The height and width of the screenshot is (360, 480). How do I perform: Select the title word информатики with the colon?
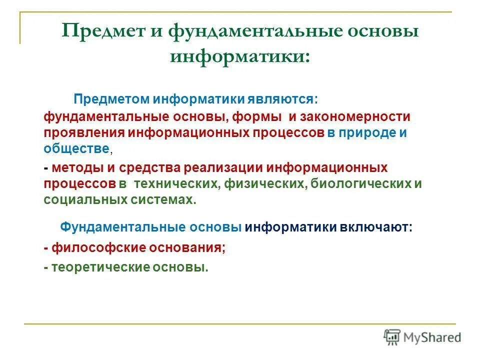coord(239,55)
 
